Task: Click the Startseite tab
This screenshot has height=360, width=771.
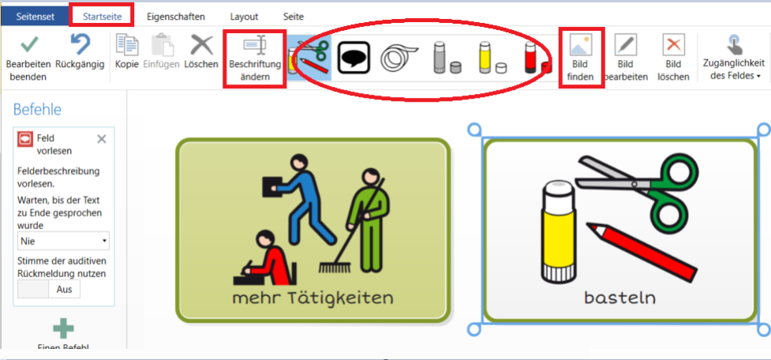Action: point(101,17)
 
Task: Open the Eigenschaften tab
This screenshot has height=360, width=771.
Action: point(175,17)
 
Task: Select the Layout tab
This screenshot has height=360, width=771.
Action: point(244,17)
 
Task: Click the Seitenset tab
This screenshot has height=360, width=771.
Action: point(35,17)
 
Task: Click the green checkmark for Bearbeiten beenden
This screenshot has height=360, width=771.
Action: point(29,45)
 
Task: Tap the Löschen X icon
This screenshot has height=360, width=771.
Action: point(201,45)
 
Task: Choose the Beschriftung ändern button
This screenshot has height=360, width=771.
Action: point(255,59)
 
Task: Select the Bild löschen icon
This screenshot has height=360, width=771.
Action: point(673,46)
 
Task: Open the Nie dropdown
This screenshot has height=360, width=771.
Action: point(63,242)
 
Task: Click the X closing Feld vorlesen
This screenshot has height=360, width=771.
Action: point(102,139)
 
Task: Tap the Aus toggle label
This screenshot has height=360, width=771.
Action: point(65,289)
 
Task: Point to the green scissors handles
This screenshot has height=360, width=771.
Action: point(675,193)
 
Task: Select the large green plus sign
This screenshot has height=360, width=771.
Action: point(63,328)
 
